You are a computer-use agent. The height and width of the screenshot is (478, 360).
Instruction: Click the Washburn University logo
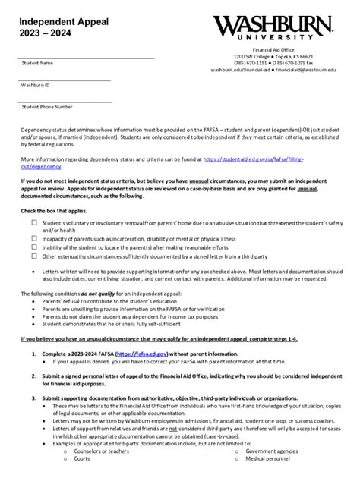tap(274, 27)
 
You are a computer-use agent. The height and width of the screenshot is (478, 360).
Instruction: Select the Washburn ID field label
tap(36, 85)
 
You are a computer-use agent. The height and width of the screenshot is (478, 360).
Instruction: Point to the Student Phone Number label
tap(47, 107)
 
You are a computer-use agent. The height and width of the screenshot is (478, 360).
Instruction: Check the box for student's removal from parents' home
tap(34, 223)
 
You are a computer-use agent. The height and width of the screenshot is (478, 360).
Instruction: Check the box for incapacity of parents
tap(34, 238)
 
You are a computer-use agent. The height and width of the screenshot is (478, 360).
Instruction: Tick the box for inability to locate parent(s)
tap(34, 247)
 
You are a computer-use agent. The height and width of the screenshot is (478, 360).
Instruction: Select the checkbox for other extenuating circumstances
tap(34, 256)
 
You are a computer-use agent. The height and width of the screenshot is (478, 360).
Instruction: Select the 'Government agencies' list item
tap(272, 451)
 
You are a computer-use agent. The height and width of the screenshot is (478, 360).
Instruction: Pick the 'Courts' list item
tap(82, 459)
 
